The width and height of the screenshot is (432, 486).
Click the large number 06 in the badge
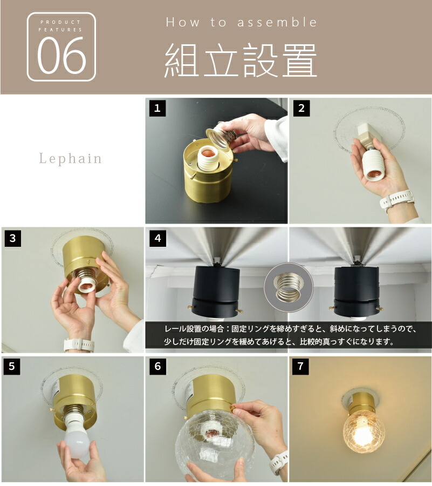61,55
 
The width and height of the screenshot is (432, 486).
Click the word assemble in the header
277,22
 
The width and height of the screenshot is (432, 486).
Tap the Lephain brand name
71,159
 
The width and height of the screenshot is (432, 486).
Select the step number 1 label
157,108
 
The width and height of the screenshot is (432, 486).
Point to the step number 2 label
301,108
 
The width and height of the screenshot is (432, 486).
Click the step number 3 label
13,238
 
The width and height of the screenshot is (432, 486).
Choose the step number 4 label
157,238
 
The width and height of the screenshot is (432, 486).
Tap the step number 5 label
12,366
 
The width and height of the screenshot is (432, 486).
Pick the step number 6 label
157,366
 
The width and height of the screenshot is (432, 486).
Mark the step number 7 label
300,366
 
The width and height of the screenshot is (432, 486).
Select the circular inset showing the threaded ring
289,287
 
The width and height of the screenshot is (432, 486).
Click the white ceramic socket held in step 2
373,164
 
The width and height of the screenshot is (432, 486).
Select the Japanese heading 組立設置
241,60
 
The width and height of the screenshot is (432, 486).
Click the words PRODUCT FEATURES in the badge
60,26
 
